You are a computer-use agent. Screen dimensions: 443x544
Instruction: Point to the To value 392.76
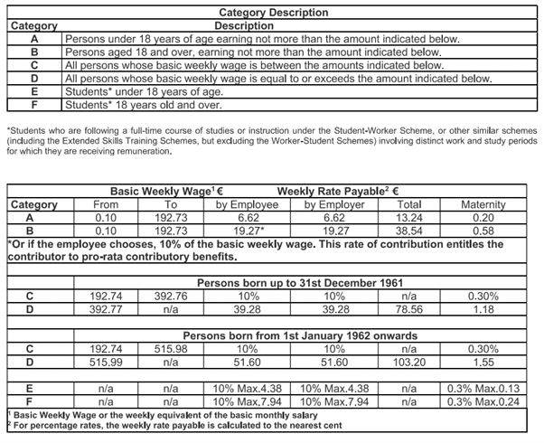pos(169,293)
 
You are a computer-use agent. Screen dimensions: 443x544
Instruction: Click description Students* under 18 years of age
pos(133,90)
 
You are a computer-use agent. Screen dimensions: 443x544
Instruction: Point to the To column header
pos(169,204)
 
